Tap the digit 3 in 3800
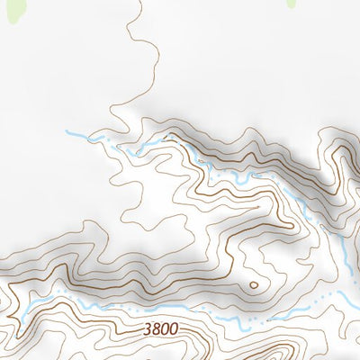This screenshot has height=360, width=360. pyautogui.click(x=147, y=330)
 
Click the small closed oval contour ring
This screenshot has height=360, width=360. pyautogui.click(x=253, y=285)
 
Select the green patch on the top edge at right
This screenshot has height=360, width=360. pyautogui.click(x=294, y=4)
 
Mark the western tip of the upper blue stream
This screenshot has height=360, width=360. pyautogui.click(x=67, y=133)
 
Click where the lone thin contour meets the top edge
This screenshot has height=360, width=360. pyautogui.click(x=142, y=2)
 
